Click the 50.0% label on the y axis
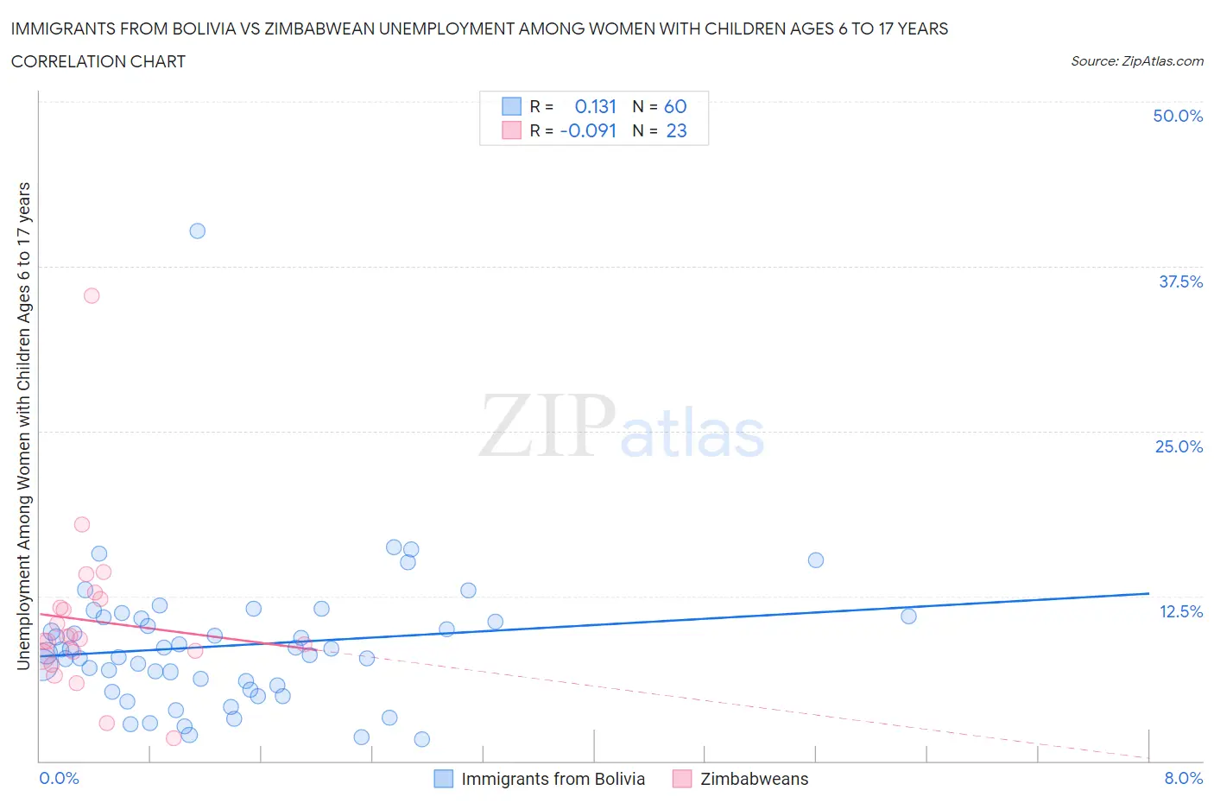[x=1178, y=116]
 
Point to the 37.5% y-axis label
[x=1180, y=281]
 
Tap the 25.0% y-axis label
[x=1179, y=446]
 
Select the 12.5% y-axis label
[x=1180, y=611]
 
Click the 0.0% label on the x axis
[x=59, y=778]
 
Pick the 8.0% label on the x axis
[x=1183, y=778]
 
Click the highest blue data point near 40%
[x=197, y=231]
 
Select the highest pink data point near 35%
[x=92, y=295]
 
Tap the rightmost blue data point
[x=908, y=616]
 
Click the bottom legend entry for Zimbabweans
[x=754, y=779]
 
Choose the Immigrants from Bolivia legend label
[x=553, y=779]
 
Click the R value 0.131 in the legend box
[x=595, y=106]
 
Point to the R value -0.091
[x=588, y=130]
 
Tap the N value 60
[x=675, y=106]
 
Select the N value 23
[x=676, y=130]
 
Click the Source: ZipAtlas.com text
[x=1136, y=61]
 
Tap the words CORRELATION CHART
[x=98, y=61]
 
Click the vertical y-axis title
[x=23, y=426]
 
